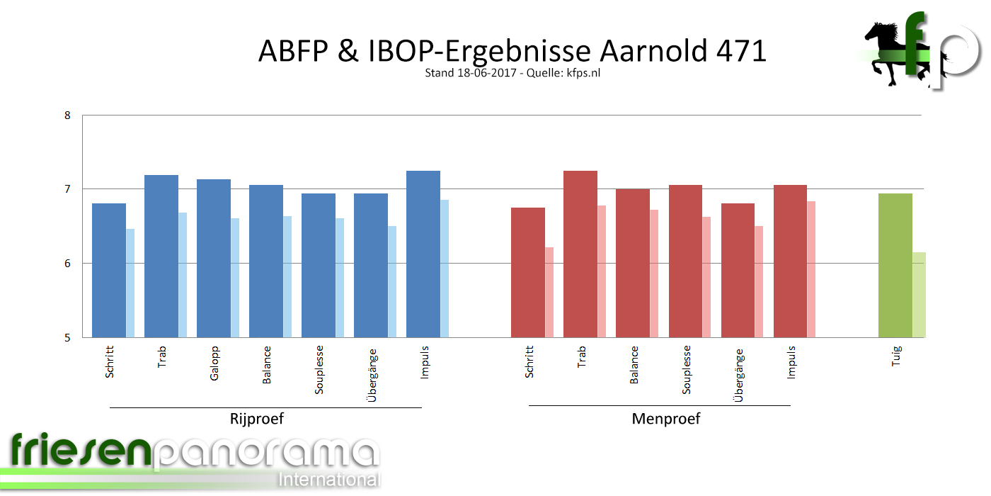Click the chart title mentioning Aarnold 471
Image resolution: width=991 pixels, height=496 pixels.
point(512,51)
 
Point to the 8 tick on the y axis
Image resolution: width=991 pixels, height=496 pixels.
point(68,115)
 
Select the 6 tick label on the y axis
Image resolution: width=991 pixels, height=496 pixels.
point(68,264)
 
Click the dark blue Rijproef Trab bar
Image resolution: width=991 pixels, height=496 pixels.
point(161,256)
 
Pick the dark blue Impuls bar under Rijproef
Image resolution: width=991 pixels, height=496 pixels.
point(423,254)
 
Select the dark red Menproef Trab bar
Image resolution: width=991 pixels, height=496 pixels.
point(580,254)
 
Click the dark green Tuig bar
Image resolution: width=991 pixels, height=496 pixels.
point(895,265)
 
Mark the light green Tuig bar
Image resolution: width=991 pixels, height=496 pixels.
point(919,294)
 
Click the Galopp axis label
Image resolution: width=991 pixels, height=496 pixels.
point(214,363)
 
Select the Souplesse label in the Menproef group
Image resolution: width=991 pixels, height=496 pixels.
point(687,370)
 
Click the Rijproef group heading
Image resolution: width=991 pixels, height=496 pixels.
point(257,419)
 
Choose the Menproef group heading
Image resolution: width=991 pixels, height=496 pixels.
point(665,419)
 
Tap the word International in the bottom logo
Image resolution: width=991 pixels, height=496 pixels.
point(329,479)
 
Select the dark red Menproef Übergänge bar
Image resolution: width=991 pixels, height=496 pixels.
point(738,270)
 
